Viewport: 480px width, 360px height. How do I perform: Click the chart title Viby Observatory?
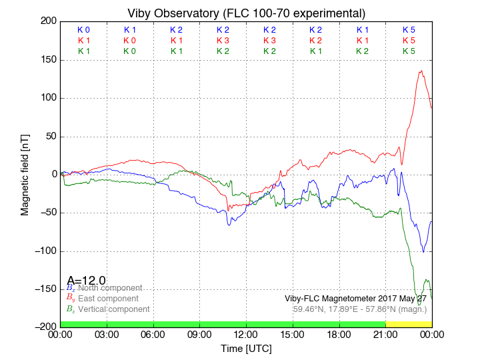246,13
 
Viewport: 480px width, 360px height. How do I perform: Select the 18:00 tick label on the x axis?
339,335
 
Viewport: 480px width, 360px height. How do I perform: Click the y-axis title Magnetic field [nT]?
25,173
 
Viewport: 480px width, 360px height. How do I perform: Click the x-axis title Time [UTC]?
246,348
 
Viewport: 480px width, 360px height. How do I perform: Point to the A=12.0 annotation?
86,280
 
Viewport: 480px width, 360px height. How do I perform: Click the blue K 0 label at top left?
83,30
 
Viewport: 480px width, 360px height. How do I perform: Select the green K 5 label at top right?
409,51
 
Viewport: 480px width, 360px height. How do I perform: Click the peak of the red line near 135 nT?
421,71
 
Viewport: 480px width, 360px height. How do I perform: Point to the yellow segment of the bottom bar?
408,323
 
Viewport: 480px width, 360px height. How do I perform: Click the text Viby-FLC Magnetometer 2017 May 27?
356,298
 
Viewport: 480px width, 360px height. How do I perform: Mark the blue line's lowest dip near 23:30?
423,251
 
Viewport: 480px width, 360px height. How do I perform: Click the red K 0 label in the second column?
129,41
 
